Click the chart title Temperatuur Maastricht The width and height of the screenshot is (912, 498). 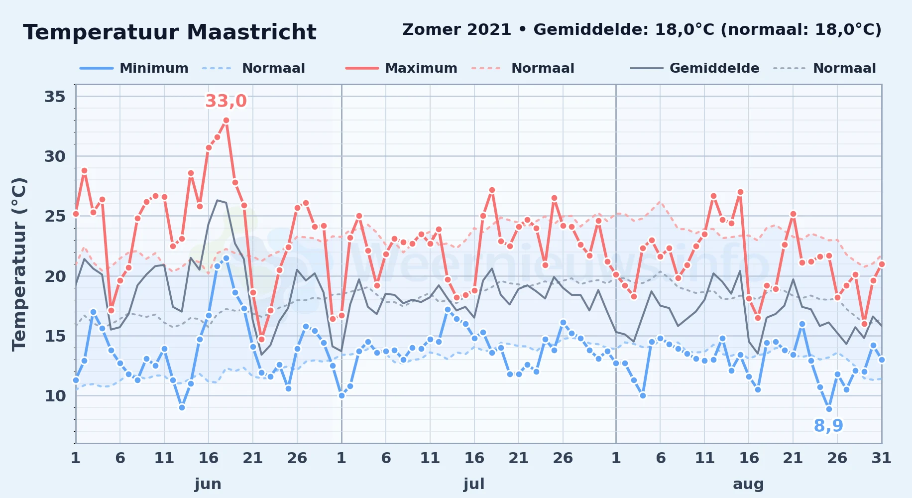pyautogui.click(x=170, y=32)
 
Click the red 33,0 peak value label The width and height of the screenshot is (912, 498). pyautogui.click(x=226, y=101)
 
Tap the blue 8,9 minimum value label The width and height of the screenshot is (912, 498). pyautogui.click(x=828, y=426)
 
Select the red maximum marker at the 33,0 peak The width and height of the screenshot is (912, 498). pyautogui.click(x=226, y=121)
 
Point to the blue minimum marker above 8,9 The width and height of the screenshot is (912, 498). pyautogui.click(x=829, y=409)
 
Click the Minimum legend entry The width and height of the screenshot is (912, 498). pyautogui.click(x=134, y=68)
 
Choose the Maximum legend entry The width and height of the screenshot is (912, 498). pyautogui.click(x=401, y=68)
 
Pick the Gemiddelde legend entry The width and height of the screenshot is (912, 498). pyautogui.click(x=694, y=68)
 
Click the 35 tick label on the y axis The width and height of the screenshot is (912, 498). pyautogui.click(x=55, y=97)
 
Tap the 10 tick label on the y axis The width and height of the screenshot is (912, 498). pyautogui.click(x=55, y=396)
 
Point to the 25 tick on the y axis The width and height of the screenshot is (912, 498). pyautogui.click(x=55, y=216)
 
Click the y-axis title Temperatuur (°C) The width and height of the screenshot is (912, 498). pyautogui.click(x=19, y=264)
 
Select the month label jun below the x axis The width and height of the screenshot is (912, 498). pyautogui.click(x=208, y=484)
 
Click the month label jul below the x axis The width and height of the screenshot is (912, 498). pyautogui.click(x=474, y=484)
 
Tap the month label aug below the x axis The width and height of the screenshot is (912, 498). pyautogui.click(x=748, y=484)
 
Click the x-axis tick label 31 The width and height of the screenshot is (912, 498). pyautogui.click(x=881, y=458)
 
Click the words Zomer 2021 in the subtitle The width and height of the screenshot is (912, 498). pyautogui.click(x=456, y=30)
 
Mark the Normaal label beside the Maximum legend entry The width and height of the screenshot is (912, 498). pyautogui.click(x=543, y=68)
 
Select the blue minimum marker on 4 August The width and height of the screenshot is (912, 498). pyautogui.click(x=643, y=396)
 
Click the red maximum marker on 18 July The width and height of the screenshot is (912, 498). pyautogui.click(x=492, y=190)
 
